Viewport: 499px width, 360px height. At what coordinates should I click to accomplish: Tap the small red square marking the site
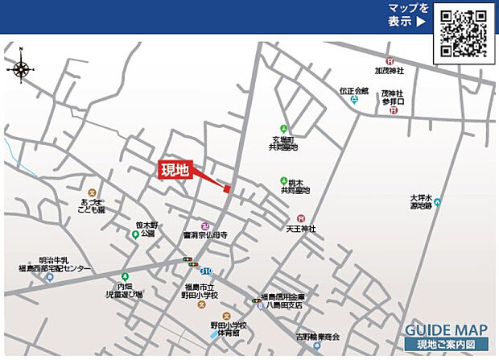(x=227, y=189)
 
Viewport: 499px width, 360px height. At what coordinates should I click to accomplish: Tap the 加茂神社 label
(x=389, y=71)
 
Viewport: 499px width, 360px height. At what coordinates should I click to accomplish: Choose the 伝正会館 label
(x=353, y=91)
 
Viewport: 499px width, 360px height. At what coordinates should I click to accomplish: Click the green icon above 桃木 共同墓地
(x=283, y=180)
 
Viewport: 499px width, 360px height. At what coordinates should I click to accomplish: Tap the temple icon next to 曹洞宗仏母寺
(x=205, y=225)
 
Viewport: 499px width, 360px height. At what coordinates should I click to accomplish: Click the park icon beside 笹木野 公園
(x=135, y=234)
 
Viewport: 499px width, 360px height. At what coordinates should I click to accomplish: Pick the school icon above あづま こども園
(x=92, y=193)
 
